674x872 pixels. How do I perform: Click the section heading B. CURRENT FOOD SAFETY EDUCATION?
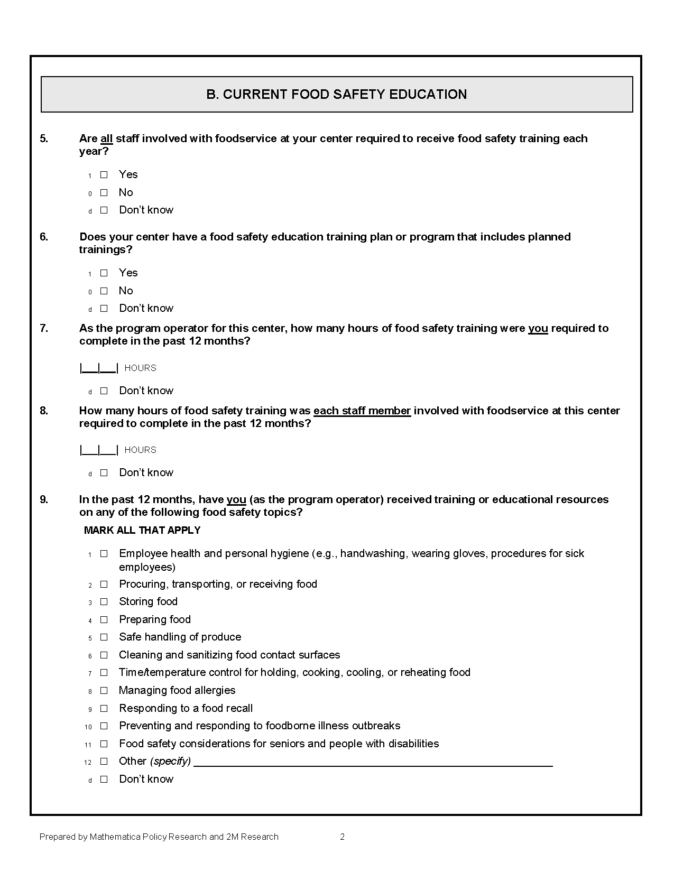(x=336, y=95)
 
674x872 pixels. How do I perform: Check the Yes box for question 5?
(x=104, y=174)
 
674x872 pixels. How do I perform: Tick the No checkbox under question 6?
(x=104, y=291)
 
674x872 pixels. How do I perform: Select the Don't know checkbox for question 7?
(x=104, y=391)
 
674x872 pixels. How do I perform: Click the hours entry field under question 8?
(x=99, y=450)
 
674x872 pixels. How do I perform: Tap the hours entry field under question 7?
(x=99, y=368)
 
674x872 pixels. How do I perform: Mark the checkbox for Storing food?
(x=104, y=601)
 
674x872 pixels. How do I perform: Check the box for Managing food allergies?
(x=104, y=690)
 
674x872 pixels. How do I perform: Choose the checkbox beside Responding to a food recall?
(x=104, y=708)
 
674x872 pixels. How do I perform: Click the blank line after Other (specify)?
(x=373, y=762)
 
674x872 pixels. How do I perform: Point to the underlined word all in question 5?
(x=106, y=138)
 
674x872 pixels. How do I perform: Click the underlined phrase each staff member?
(x=362, y=411)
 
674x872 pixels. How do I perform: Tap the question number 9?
(x=44, y=499)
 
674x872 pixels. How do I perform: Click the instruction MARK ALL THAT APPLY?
(x=142, y=530)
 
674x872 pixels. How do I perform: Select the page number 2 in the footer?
(x=342, y=837)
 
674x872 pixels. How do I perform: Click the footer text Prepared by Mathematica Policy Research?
(x=159, y=837)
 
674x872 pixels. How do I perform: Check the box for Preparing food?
(x=104, y=619)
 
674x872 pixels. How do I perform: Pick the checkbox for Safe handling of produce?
(x=104, y=637)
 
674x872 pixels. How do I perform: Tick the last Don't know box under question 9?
(x=104, y=779)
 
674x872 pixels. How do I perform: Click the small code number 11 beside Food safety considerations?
(x=88, y=745)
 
